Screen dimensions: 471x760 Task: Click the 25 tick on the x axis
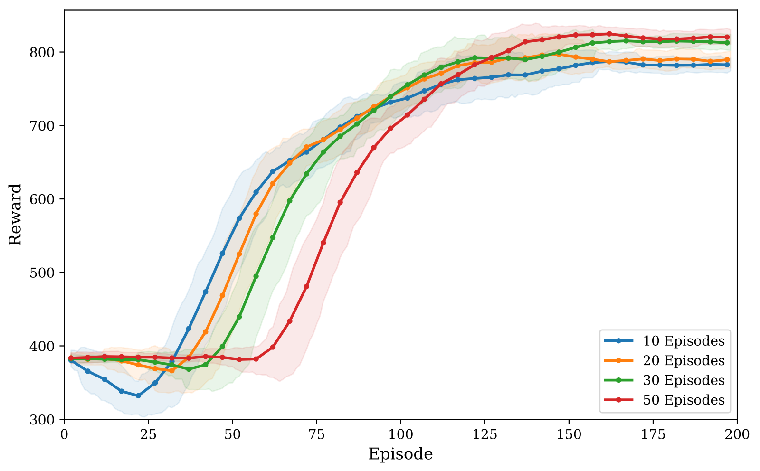tap(148, 434)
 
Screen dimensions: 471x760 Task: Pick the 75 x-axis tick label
tap(316, 434)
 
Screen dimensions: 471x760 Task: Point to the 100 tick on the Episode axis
tap(400, 434)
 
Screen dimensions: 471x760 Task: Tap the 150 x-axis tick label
tap(569, 434)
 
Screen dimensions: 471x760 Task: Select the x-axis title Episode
tap(400, 454)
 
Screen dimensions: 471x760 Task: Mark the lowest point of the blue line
tap(138, 396)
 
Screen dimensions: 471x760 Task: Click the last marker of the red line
tap(727, 37)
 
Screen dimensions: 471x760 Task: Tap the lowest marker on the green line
tap(189, 369)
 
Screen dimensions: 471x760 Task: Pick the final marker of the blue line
tap(727, 65)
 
